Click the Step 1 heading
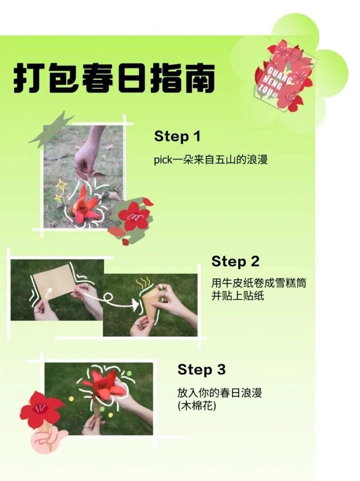[177, 136]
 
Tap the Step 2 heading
[235, 261]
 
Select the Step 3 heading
[201, 369]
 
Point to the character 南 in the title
[198, 78]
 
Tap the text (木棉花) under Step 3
[197, 406]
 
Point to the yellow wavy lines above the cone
[143, 282]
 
